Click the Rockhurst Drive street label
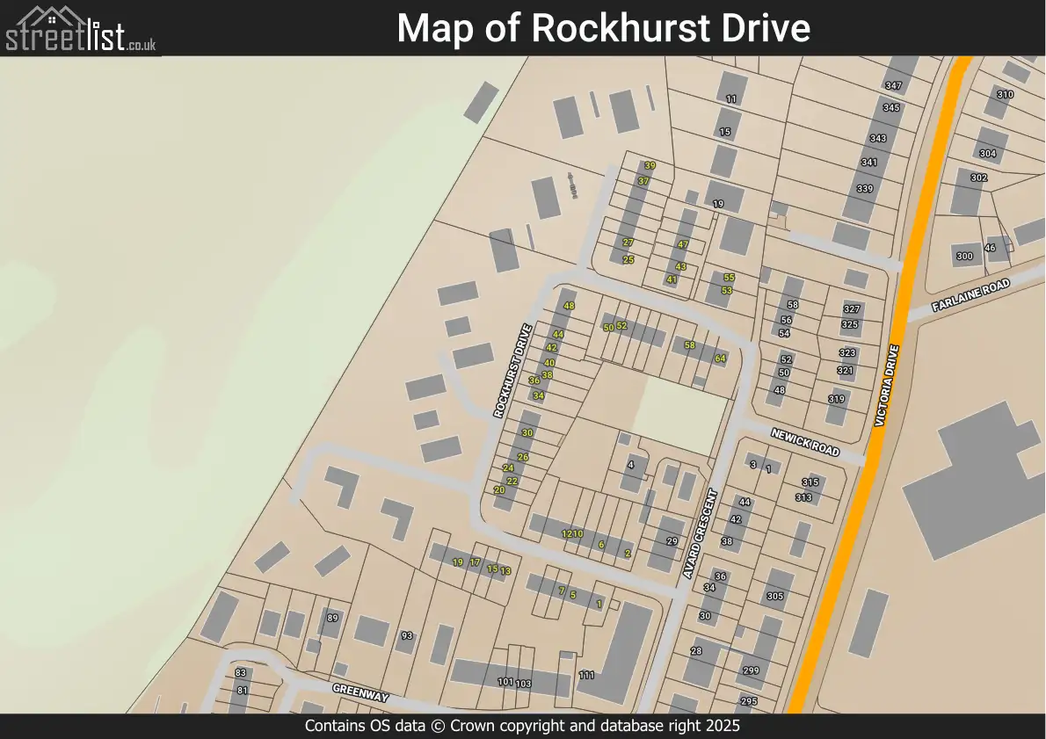click(x=513, y=371)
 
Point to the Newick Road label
click(x=805, y=441)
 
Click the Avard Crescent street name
click(x=701, y=533)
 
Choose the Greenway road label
click(x=360, y=692)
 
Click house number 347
click(x=894, y=86)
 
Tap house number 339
click(x=865, y=189)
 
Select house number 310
click(x=1005, y=95)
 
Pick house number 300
click(x=964, y=257)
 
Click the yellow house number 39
click(x=650, y=165)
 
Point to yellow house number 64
click(x=720, y=359)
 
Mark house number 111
click(x=587, y=675)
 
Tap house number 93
click(x=406, y=635)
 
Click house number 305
click(x=774, y=597)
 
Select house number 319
click(x=836, y=399)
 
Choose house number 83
click(x=241, y=673)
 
